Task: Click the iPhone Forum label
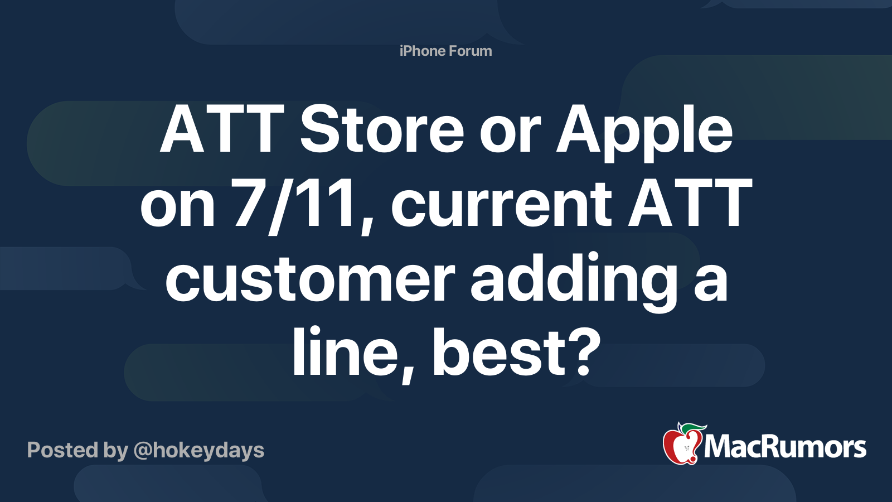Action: pos(445,51)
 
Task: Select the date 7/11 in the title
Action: pos(294,205)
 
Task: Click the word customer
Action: pos(310,277)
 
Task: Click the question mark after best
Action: pos(583,352)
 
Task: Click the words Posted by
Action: pos(77,451)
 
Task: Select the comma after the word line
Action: pos(408,373)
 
